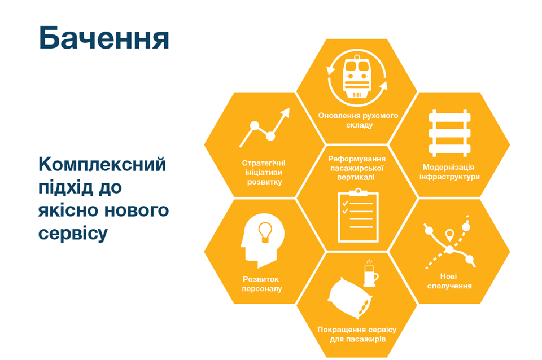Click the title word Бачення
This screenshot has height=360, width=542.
tap(104, 38)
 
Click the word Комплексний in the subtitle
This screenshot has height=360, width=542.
tap(102, 164)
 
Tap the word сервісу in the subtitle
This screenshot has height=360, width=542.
tap(73, 234)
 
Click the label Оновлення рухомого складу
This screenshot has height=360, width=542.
tap(358, 120)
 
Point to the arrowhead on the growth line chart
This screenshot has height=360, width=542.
tap(285, 113)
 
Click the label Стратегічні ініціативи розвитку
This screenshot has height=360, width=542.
tap(264, 173)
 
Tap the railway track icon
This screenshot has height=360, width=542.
tap(449, 133)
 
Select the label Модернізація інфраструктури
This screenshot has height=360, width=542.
tap(449, 172)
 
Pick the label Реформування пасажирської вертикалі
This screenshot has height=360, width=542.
tap(357, 168)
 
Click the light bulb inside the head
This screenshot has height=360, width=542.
tap(265, 231)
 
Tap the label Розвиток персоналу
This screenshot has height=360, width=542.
tap(261, 284)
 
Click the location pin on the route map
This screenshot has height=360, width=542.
tap(449, 235)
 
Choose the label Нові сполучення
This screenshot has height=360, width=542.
tap(449, 281)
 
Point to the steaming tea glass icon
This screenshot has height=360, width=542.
tap(370, 273)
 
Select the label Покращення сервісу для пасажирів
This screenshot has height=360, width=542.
tap(357, 335)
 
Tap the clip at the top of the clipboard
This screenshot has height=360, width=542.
tap(358, 192)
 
